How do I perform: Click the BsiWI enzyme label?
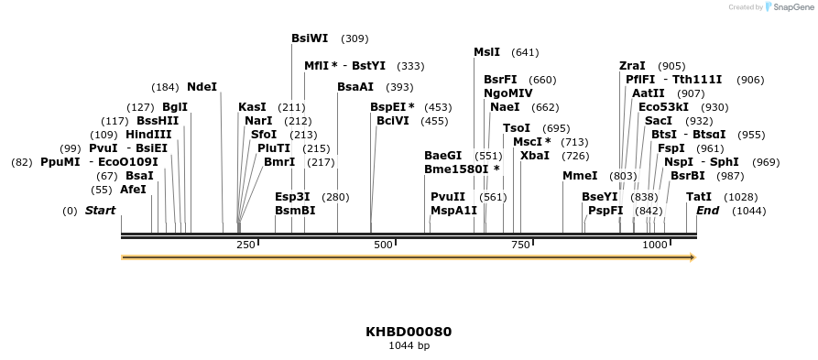click(x=309, y=38)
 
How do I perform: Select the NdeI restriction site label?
click(x=202, y=87)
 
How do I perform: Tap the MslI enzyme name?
click(x=486, y=52)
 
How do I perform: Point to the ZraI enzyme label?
click(x=632, y=66)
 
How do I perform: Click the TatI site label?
click(x=698, y=197)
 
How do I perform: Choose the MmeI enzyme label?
click(x=579, y=176)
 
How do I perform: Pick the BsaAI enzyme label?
click(x=355, y=87)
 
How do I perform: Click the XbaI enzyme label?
click(x=535, y=156)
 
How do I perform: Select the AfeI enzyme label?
click(x=133, y=190)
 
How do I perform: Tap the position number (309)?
click(x=354, y=38)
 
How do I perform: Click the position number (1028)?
click(x=741, y=197)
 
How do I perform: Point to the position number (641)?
click(x=525, y=52)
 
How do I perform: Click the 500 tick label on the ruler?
click(x=383, y=245)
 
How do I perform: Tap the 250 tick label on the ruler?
click(x=245, y=245)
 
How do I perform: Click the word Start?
click(x=100, y=211)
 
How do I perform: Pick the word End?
click(x=707, y=211)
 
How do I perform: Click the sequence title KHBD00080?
click(x=409, y=332)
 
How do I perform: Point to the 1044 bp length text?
click(x=409, y=346)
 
